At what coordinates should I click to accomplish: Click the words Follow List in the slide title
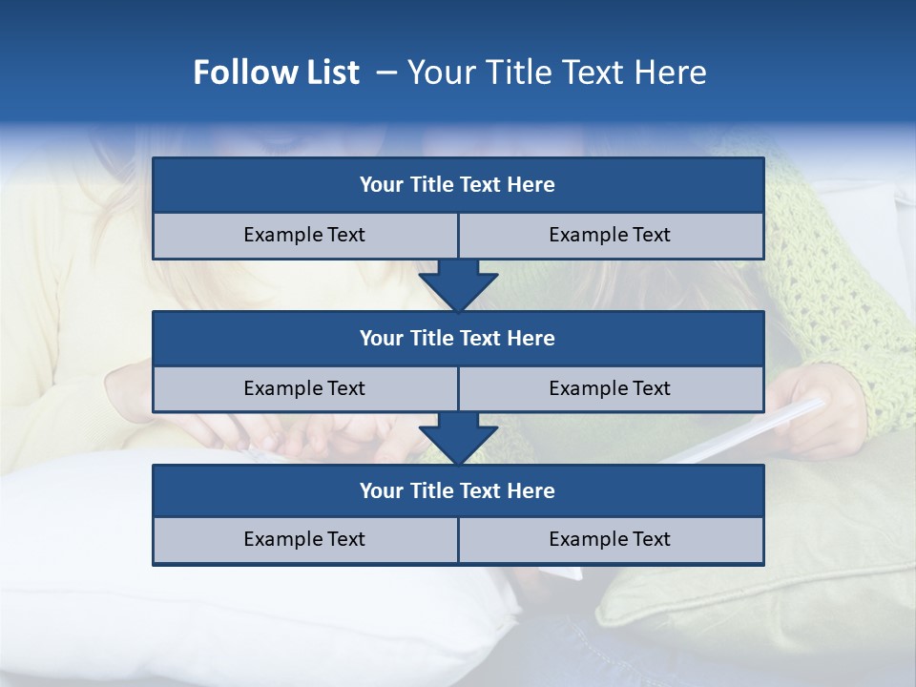pos(276,73)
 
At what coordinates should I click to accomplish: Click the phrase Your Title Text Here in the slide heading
pos(556,73)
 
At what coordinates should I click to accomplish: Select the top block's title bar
pos(458,185)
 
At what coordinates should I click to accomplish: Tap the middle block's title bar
pos(458,339)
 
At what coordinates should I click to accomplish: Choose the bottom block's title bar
pos(458,491)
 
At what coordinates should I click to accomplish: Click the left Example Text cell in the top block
pos(304,236)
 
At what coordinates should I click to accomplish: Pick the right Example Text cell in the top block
pos(610,236)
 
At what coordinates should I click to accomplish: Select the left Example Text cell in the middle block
pos(304,389)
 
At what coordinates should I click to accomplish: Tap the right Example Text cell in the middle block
pos(610,389)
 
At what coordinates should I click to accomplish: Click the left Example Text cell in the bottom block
pos(304,540)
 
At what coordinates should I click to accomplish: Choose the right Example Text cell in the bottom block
pos(610,540)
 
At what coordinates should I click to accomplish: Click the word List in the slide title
pos(327,73)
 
